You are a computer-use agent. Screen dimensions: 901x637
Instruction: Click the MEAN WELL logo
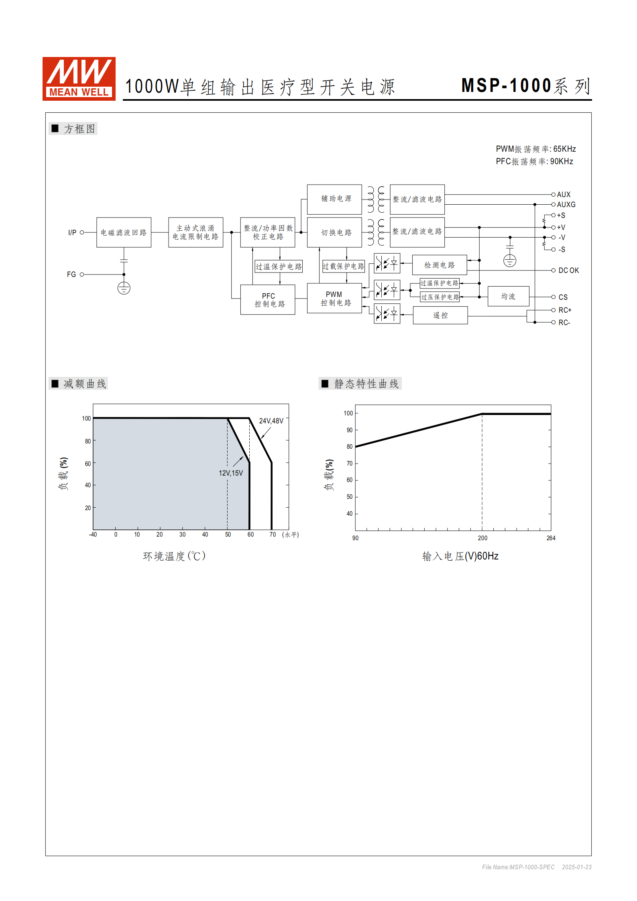[x=79, y=79]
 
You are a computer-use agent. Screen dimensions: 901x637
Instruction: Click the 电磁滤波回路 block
[x=124, y=232]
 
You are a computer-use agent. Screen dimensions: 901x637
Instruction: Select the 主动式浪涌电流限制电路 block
[x=195, y=232]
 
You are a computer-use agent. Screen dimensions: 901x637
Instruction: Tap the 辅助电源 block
[x=334, y=199]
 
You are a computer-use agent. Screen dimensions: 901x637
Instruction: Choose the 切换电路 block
[x=334, y=232]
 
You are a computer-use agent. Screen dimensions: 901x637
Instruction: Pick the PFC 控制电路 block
[x=268, y=300]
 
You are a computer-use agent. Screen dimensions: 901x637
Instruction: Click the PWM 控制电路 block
[x=334, y=299]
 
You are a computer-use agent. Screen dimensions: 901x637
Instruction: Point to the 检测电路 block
[x=440, y=265]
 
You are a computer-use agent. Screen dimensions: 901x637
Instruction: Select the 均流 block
[x=508, y=296]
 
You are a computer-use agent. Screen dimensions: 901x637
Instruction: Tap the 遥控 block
[x=440, y=315]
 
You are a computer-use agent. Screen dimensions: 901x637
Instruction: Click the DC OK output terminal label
[x=568, y=271]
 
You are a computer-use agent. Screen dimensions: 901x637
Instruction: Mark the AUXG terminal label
[x=566, y=205]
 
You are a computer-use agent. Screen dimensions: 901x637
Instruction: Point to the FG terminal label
[x=71, y=275]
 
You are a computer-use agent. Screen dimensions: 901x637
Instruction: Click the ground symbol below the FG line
[x=124, y=288]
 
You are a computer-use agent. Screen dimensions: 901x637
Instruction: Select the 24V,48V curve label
[x=271, y=421]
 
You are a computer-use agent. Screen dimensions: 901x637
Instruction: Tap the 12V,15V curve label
[x=231, y=473]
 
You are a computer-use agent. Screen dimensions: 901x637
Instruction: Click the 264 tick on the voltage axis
[x=551, y=538]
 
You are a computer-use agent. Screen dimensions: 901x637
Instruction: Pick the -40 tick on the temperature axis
[x=93, y=535]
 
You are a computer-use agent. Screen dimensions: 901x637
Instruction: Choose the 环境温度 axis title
[x=174, y=556]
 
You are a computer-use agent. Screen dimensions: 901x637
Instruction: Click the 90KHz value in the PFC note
[x=561, y=161]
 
